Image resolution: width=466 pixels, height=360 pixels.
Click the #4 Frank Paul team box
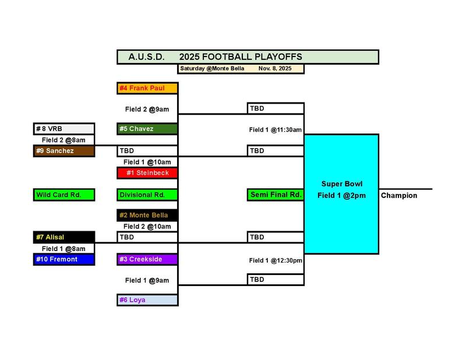click(x=147, y=89)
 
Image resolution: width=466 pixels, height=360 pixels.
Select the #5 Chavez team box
click(x=147, y=129)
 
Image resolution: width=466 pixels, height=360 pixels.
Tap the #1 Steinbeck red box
click(x=147, y=172)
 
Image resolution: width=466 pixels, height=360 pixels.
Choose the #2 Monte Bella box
click(x=147, y=216)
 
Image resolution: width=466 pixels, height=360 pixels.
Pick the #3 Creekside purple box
click(x=147, y=259)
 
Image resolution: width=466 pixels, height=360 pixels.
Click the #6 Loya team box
click(x=147, y=300)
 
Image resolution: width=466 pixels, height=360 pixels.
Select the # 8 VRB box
click(x=63, y=129)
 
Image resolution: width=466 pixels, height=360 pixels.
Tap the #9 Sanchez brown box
click(x=63, y=151)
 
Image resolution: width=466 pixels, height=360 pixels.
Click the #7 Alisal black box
click(x=63, y=237)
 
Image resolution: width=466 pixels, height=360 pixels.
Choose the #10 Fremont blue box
click(x=63, y=259)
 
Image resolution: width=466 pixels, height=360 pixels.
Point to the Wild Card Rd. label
click(x=63, y=195)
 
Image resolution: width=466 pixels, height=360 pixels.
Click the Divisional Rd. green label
click(x=147, y=195)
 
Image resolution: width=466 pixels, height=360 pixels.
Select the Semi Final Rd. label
click(x=275, y=195)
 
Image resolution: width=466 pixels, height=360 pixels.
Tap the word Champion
click(x=399, y=196)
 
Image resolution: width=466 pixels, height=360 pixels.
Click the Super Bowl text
click(x=342, y=184)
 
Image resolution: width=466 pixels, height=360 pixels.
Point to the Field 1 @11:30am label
click(x=275, y=130)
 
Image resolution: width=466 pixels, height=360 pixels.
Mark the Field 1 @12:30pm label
click(x=275, y=260)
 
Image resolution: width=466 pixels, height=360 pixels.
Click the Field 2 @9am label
click(x=147, y=108)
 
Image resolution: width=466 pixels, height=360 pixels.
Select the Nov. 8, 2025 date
click(x=275, y=69)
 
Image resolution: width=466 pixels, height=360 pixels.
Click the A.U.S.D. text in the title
click(x=146, y=57)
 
